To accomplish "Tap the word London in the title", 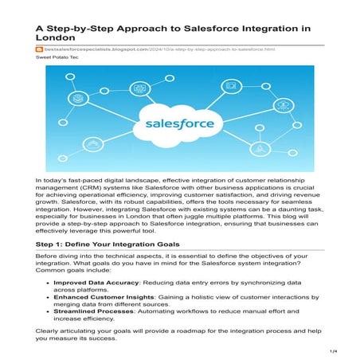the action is (54, 37).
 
